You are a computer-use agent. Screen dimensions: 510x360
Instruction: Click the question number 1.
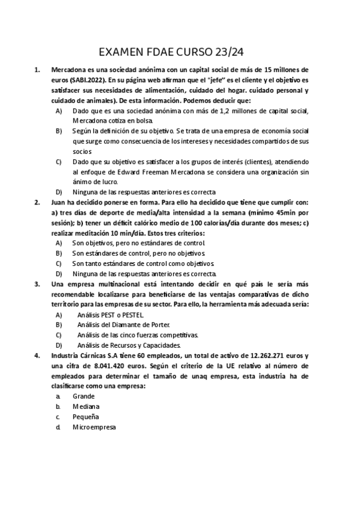tap(37, 69)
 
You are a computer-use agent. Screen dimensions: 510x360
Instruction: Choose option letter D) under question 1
tap(58, 192)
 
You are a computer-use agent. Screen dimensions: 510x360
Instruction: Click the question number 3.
tap(37, 284)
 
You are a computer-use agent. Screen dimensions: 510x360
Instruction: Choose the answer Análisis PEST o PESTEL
tap(111, 315)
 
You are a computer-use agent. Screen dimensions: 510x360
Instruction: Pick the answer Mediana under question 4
tap(86, 407)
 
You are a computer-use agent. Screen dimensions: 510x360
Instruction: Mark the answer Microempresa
tap(94, 427)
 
